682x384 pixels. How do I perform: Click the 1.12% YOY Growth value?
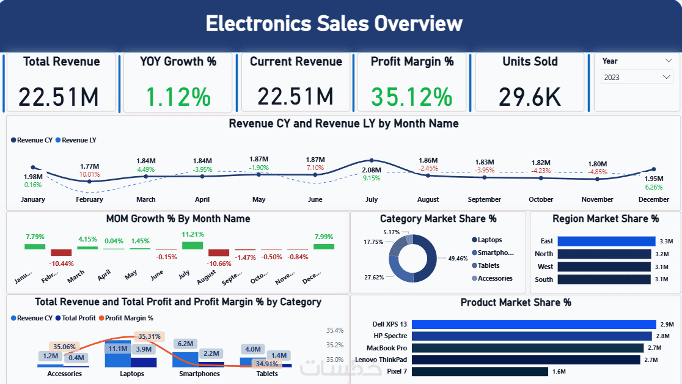178,97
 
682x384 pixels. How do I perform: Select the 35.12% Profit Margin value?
413,97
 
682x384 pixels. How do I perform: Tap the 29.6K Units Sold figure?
530,97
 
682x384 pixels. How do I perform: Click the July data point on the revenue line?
372,160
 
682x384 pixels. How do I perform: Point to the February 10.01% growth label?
89,174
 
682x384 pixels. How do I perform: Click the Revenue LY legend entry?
79,140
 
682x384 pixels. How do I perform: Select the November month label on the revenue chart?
597,199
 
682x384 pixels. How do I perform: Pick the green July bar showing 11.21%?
193,245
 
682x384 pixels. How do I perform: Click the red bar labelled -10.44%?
61,253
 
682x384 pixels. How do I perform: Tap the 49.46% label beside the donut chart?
458,259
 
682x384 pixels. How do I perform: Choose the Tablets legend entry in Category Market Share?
488,265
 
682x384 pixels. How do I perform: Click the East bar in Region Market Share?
604,241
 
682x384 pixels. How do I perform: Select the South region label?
544,279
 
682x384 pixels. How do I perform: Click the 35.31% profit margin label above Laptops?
149,336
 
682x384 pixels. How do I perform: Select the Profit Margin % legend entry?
128,318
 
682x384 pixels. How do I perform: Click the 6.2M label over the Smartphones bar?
186,344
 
